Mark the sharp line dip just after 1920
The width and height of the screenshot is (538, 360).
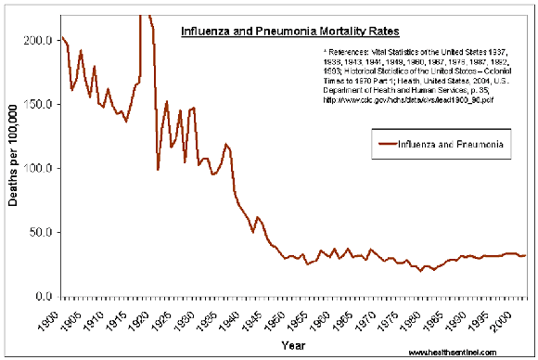(158, 169)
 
